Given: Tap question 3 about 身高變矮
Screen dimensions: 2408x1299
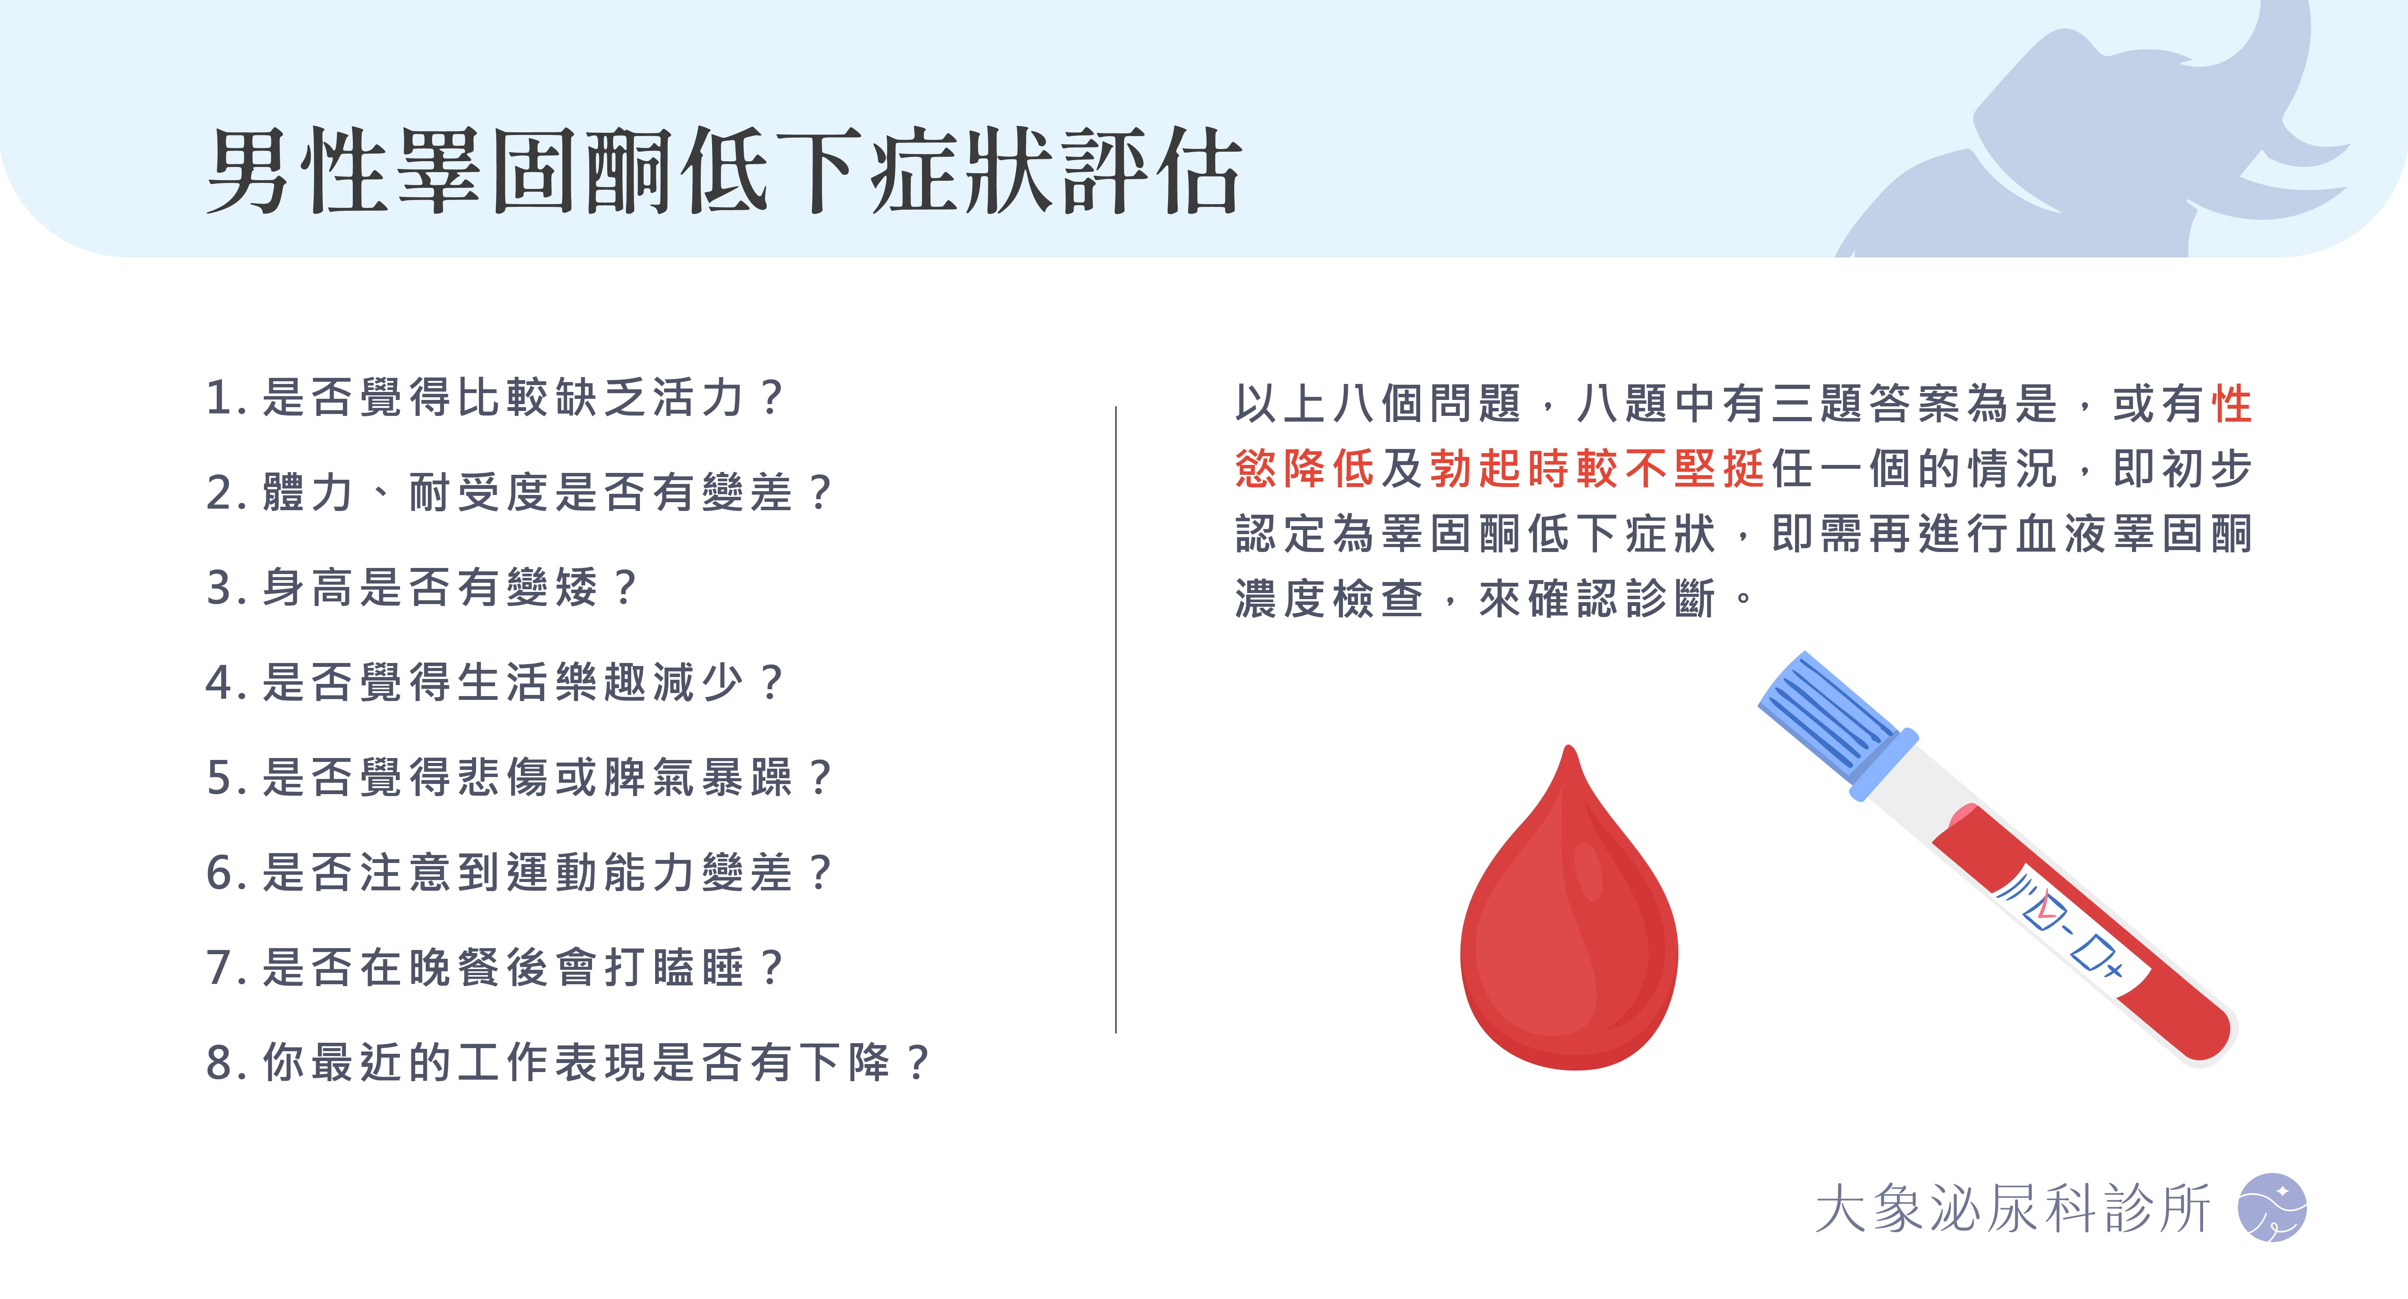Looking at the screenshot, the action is (421, 587).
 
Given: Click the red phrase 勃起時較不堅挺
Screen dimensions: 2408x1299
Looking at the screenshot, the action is (1597, 468).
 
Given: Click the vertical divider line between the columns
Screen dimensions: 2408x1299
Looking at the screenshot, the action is (1116, 720).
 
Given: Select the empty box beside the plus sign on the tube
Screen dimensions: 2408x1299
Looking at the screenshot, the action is (2090, 953).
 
